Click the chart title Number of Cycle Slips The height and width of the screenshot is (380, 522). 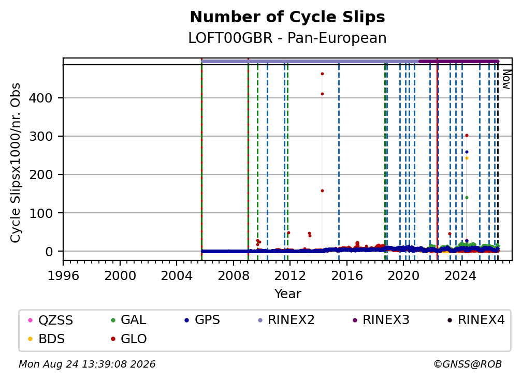click(287, 17)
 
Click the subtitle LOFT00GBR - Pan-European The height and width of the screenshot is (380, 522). click(287, 38)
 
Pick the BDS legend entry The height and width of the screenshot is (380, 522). click(46, 339)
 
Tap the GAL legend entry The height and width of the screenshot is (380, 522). click(128, 320)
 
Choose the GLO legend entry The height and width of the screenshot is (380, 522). click(128, 339)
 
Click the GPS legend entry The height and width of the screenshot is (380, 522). click(202, 320)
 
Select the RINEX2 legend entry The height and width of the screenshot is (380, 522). click(286, 320)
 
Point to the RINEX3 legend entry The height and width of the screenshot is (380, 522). click(381, 320)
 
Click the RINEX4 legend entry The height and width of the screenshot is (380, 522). click(476, 320)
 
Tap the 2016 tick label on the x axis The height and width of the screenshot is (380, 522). click(346, 276)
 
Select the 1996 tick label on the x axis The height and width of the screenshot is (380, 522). click(63, 276)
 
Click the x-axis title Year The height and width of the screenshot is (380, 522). click(287, 294)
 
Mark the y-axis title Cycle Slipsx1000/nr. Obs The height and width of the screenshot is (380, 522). click(16, 163)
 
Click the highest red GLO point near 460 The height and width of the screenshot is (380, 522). click(322, 74)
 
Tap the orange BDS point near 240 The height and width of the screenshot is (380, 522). click(467, 158)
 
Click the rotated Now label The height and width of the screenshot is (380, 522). click(506, 79)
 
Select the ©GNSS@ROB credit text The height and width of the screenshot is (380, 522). click(468, 364)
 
